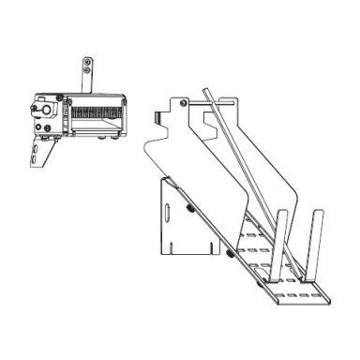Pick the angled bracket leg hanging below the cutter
[38, 156]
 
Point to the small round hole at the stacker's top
[185, 101]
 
